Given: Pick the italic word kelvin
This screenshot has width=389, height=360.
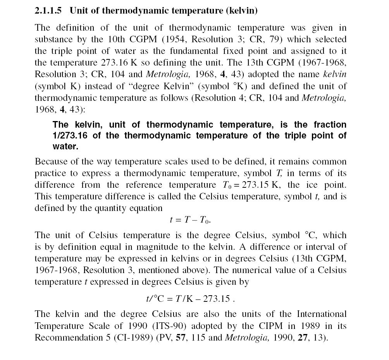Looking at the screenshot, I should [334, 74].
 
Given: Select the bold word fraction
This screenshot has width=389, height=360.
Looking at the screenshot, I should [330, 125].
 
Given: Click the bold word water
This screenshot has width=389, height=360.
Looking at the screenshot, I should [65, 146].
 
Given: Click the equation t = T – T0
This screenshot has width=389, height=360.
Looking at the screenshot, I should [190, 220].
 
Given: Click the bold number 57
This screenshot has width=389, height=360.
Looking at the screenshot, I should [181, 337].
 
